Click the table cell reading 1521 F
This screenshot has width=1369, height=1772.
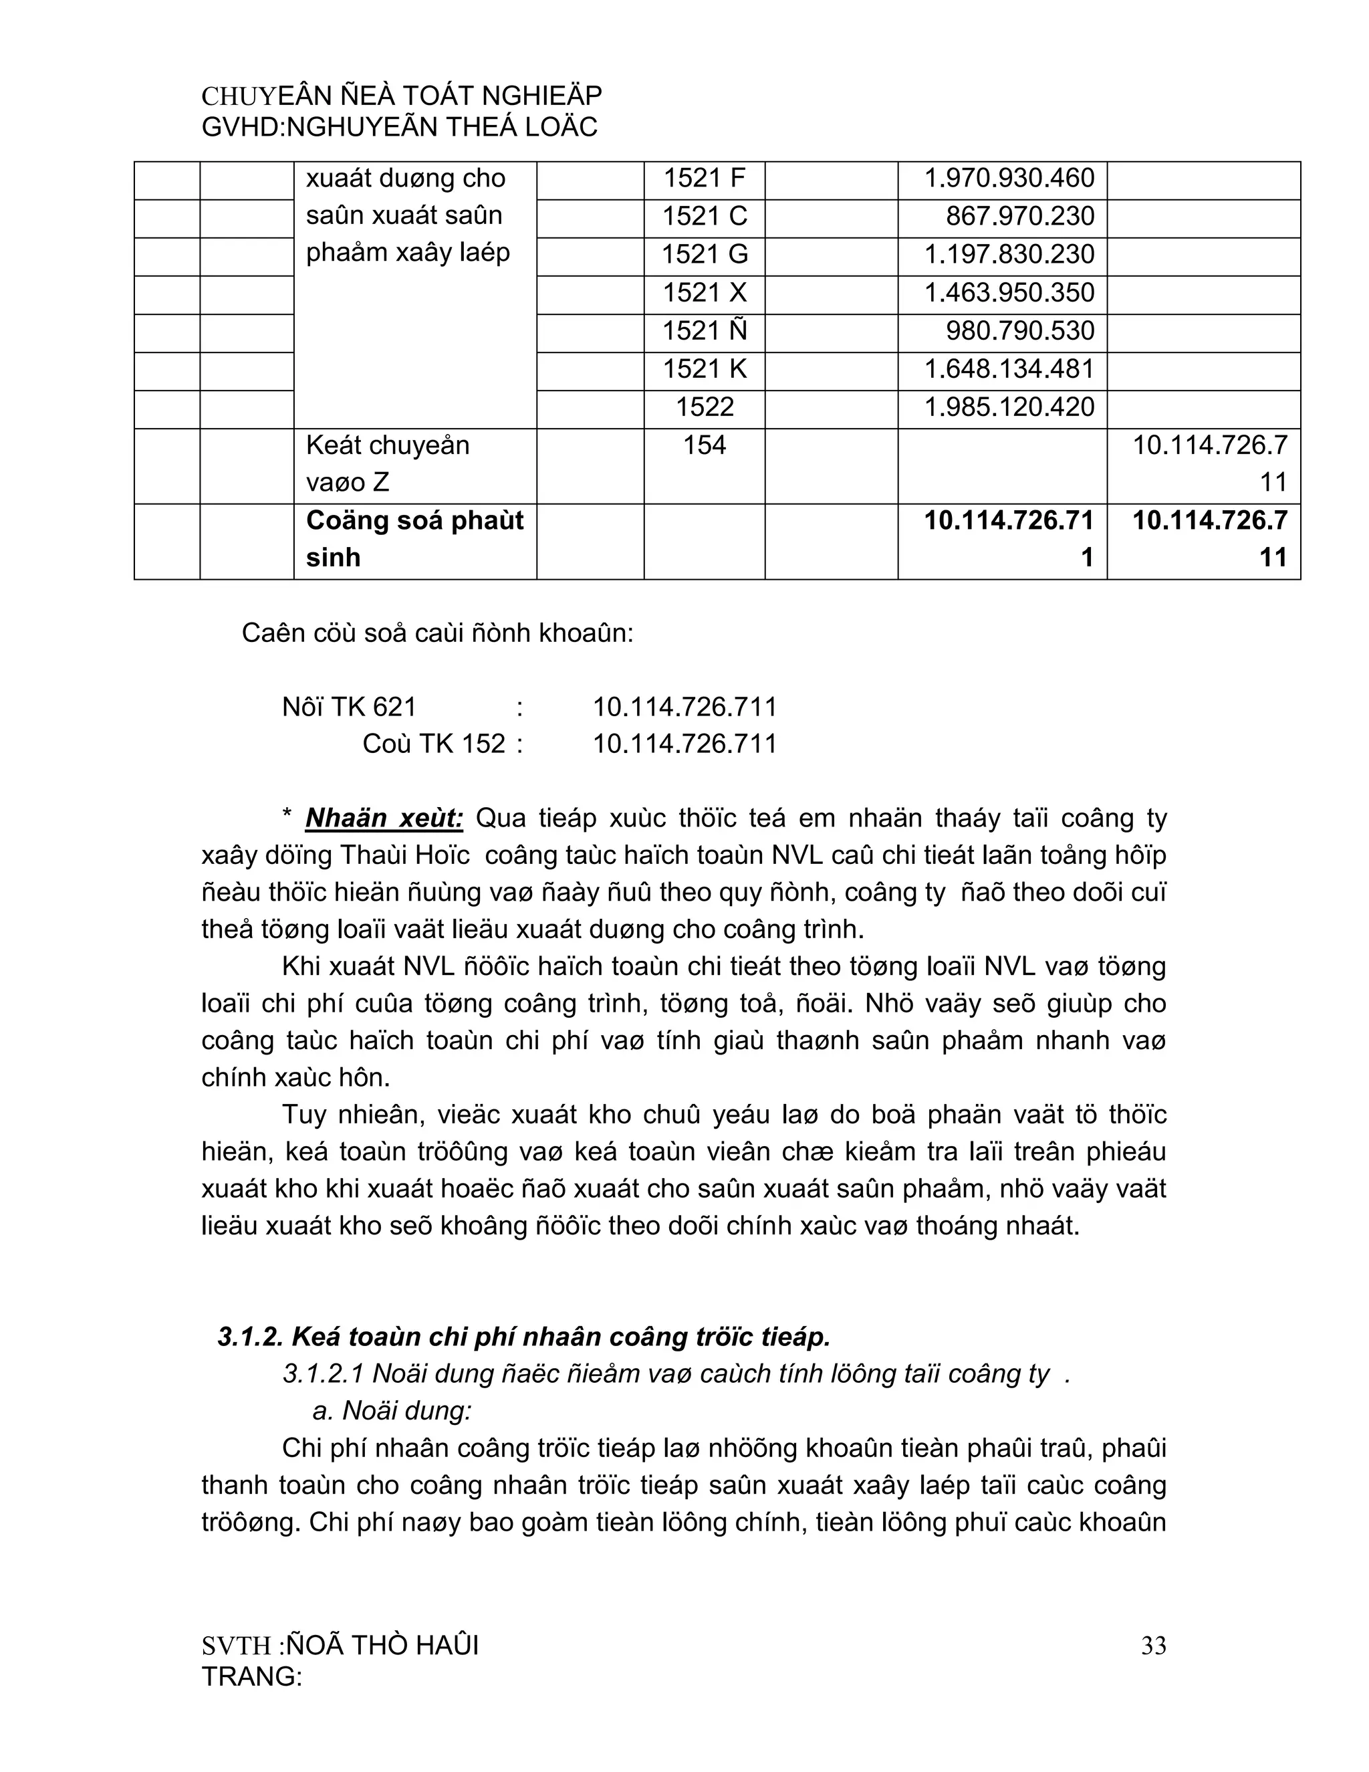coord(703,179)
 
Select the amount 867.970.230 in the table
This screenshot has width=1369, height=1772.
coord(1019,217)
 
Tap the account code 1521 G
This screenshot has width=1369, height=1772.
coord(703,255)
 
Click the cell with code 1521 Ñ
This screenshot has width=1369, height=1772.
coord(703,331)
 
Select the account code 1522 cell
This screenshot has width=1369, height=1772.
coord(703,407)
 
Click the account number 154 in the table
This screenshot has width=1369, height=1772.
coord(703,445)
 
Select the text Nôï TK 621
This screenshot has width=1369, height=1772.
coord(349,707)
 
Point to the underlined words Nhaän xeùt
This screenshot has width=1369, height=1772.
coord(384,818)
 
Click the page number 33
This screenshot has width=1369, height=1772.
coord(1152,1646)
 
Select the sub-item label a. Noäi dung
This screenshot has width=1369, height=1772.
coord(391,1411)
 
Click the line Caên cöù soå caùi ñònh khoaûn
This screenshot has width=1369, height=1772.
coord(437,634)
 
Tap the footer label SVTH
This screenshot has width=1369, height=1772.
coord(236,1646)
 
